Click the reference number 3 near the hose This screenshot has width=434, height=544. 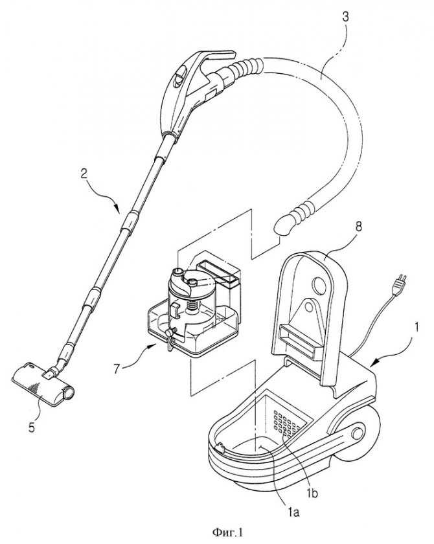pos(345,17)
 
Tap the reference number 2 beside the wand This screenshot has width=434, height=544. pos(84,174)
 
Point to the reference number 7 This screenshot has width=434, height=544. pos(117,368)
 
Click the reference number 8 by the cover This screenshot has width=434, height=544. pos(358,227)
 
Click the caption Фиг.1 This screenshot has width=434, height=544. pos(227,532)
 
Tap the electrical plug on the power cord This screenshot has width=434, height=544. pos(399,285)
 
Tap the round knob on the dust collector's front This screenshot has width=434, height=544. pos(169,333)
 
